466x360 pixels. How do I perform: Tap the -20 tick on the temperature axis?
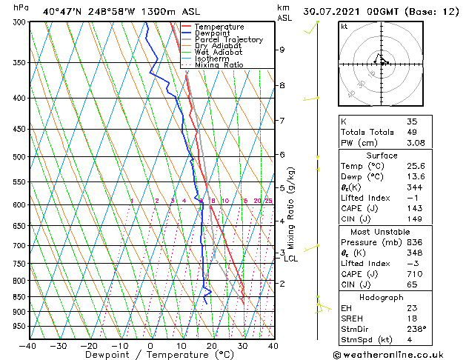pos(89,345)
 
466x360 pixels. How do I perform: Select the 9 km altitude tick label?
pos(282,50)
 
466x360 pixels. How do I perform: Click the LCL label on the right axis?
pos(290,259)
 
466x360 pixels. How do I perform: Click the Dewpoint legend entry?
pos(212,33)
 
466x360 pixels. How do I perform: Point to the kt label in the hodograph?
pos(344,27)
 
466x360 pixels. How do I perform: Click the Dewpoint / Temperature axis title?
pos(150,356)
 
